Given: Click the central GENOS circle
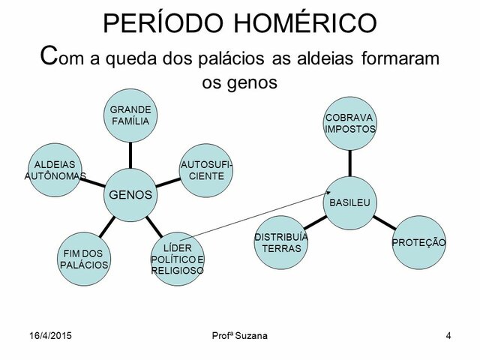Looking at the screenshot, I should pyautogui.click(x=131, y=193).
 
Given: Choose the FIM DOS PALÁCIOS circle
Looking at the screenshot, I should pyautogui.click(x=84, y=259).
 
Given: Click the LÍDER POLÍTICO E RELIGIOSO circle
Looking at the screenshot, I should pyautogui.click(x=178, y=259).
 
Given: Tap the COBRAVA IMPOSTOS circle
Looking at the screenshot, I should pyautogui.click(x=350, y=122).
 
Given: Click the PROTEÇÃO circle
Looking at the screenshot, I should pyautogui.click(x=418, y=242).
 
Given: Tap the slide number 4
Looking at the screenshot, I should pyautogui.click(x=448, y=334).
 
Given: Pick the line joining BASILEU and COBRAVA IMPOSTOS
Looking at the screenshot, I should pyautogui.click(x=350, y=162).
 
